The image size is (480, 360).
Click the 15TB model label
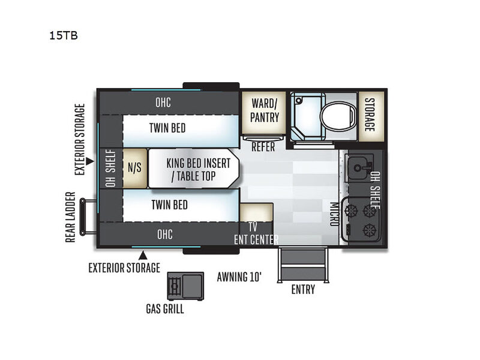pos(64,35)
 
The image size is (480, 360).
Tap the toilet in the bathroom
pos(338,117)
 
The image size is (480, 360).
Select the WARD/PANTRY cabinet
pos(264,113)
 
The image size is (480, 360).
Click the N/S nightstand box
pos(134,168)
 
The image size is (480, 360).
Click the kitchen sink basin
pos(359,168)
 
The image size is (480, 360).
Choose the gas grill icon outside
pos(185,286)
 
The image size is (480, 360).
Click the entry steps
pos(303,265)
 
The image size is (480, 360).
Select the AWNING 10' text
pos(239,277)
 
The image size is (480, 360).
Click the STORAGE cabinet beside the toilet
pos(371,116)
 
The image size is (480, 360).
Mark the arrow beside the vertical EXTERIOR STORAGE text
pos(89,161)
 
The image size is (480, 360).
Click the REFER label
pos(263,147)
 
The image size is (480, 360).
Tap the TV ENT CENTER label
pos(256,233)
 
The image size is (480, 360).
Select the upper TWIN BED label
pos(167,128)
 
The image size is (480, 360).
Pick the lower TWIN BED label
pos(170,205)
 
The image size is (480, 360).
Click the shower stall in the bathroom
pos(308,117)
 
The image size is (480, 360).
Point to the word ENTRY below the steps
pos(303,290)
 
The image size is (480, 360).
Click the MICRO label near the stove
pos(334,214)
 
